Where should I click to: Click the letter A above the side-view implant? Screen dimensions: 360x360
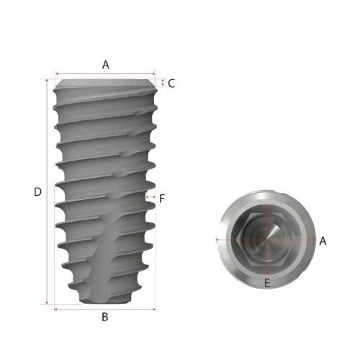click(x=105, y=64)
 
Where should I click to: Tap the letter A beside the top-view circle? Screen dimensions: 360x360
click(x=323, y=240)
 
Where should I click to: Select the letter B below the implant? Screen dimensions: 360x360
click(x=104, y=316)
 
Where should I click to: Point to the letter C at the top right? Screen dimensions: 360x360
click(x=171, y=83)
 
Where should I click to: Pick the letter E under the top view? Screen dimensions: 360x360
click(x=267, y=283)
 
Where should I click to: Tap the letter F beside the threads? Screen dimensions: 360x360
click(x=162, y=197)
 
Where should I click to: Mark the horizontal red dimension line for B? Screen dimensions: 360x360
click(x=105, y=309)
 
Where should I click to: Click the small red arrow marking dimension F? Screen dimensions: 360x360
click(x=150, y=196)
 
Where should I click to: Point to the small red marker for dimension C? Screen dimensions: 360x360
click(x=163, y=83)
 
